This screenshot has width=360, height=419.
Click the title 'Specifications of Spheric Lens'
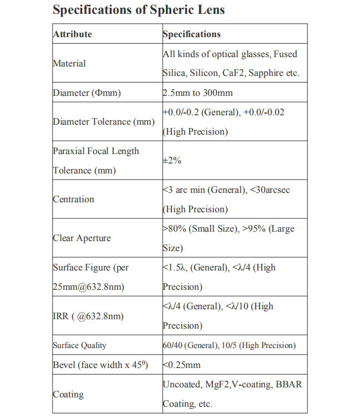138,10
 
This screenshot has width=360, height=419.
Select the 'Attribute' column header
73,34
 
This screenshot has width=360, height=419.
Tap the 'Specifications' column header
191,34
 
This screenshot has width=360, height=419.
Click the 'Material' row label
69,63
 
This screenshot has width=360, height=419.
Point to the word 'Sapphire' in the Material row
268,73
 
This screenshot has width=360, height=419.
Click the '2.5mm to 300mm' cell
197,93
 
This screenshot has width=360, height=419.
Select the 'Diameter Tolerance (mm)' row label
104,121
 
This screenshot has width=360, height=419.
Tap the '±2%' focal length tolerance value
172,161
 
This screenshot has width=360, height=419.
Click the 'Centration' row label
74,199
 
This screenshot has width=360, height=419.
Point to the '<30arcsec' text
270,190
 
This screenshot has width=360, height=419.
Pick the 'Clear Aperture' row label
82,238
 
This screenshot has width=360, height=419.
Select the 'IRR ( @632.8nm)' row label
88,316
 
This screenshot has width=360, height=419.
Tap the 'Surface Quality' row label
80,345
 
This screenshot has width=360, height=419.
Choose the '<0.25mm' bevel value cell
182,365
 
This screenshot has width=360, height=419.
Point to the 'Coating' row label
68,394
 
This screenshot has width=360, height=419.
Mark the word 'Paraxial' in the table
71,151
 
